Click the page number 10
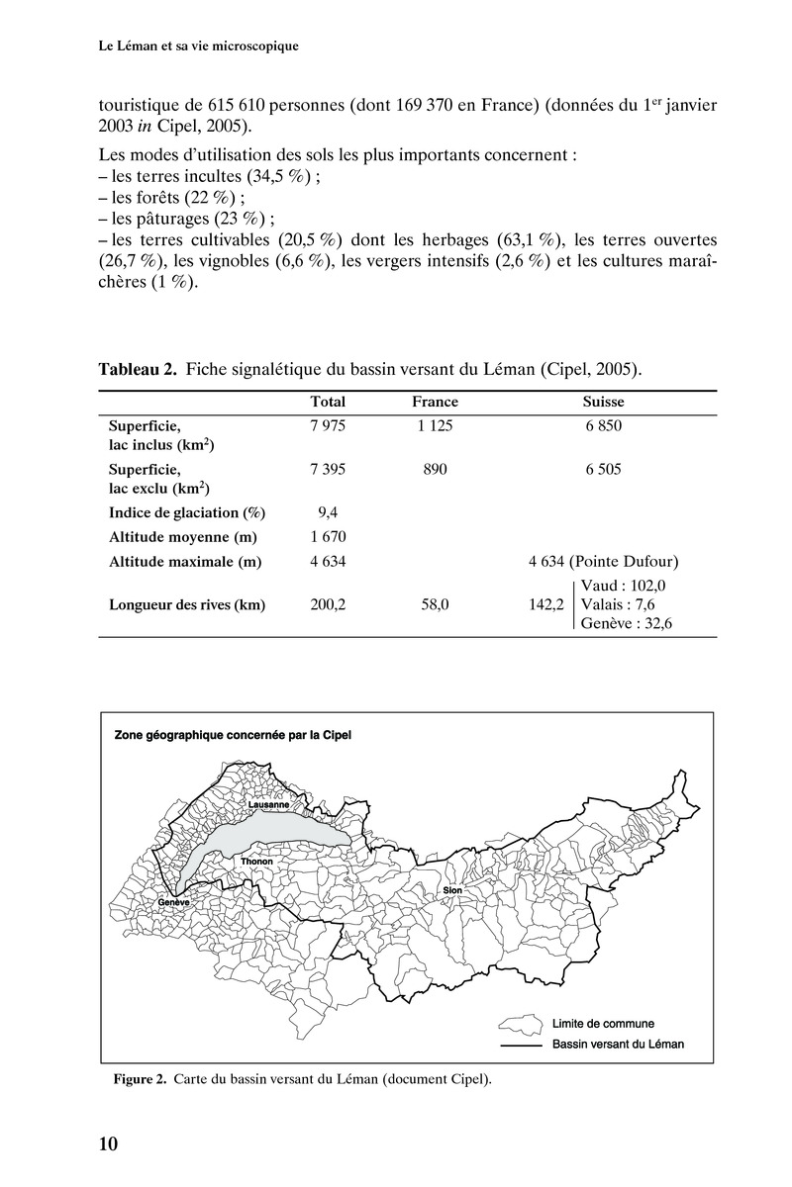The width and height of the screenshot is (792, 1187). pyautogui.click(x=108, y=1144)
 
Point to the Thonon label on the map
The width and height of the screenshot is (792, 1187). pyautogui.click(x=255, y=862)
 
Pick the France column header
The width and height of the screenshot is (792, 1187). pyautogui.click(x=435, y=403)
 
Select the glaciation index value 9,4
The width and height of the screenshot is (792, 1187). pyautogui.click(x=328, y=512)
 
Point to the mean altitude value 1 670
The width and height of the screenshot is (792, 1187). pyautogui.click(x=328, y=537)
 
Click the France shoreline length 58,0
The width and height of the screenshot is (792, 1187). pyautogui.click(x=435, y=605)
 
